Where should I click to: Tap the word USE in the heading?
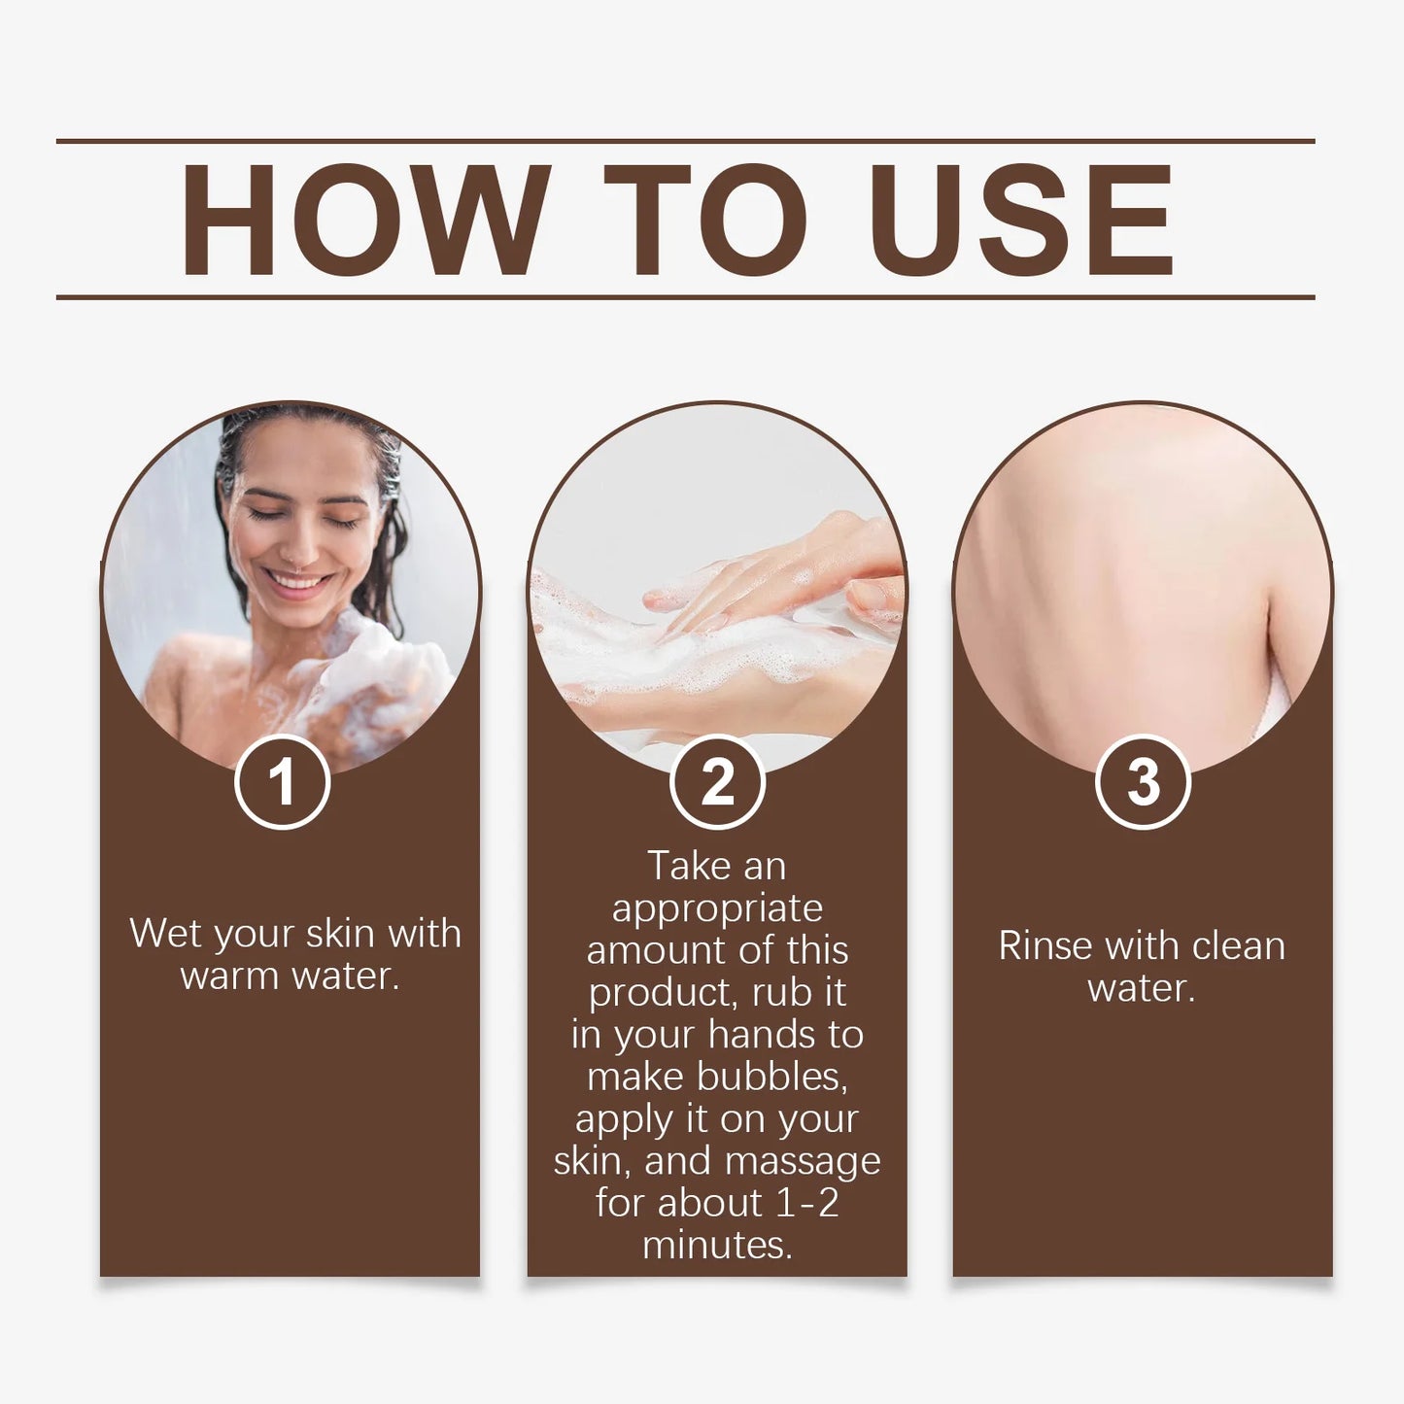(x=1021, y=221)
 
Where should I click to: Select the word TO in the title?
(x=705, y=221)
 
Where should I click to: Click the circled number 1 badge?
(x=282, y=782)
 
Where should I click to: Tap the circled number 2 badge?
(x=717, y=782)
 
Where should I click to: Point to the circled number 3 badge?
(x=1143, y=782)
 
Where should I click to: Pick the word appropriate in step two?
(x=717, y=909)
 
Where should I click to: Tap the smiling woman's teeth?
(x=296, y=582)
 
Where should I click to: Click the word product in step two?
(x=658, y=993)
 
